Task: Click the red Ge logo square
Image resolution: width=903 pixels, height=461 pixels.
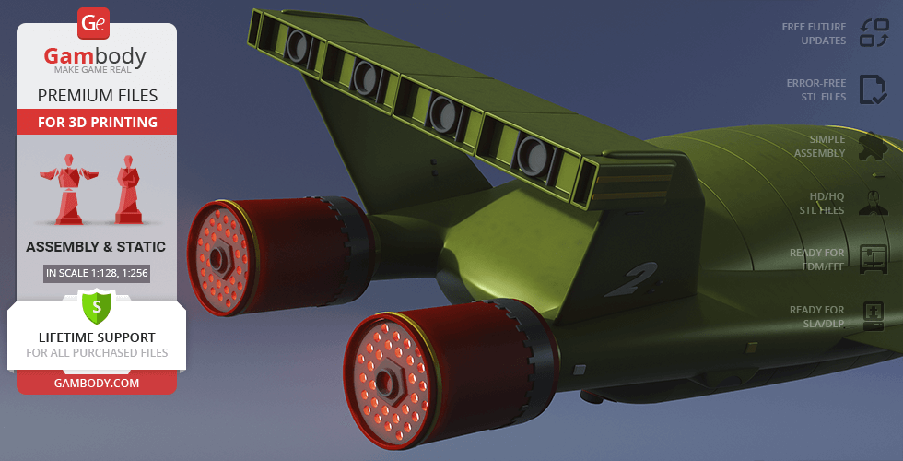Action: click(93, 24)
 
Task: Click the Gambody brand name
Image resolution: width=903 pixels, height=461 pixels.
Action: click(95, 56)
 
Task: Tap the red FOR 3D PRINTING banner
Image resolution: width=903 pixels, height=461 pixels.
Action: click(98, 122)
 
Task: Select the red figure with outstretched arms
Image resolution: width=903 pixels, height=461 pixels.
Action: click(68, 188)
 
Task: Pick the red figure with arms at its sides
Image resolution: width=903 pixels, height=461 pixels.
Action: click(128, 189)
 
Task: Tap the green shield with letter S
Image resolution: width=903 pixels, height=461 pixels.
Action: click(97, 306)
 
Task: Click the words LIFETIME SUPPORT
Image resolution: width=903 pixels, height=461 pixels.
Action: click(98, 337)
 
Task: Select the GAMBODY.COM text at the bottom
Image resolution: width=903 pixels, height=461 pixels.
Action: click(97, 384)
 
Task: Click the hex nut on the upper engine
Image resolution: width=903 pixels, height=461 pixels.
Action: click(217, 259)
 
